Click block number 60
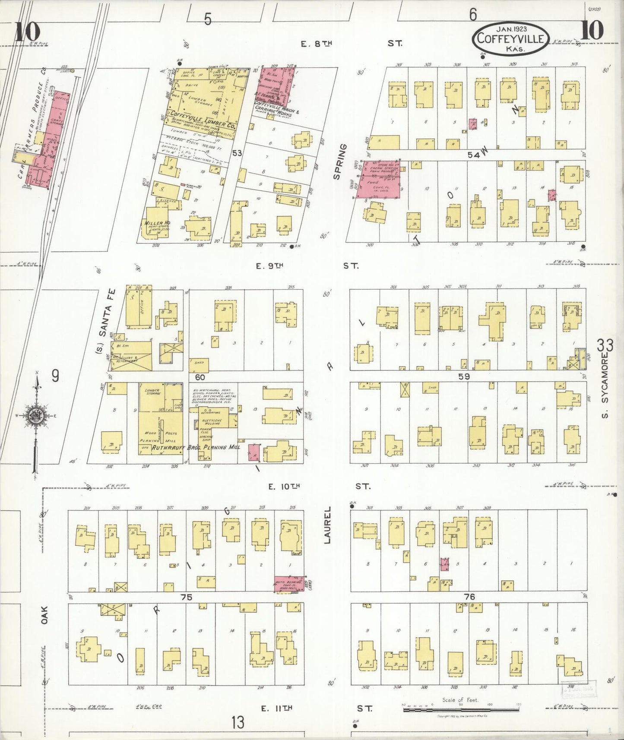click(199, 377)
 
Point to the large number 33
click(605, 346)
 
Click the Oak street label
click(44, 615)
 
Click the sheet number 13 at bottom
click(237, 721)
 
